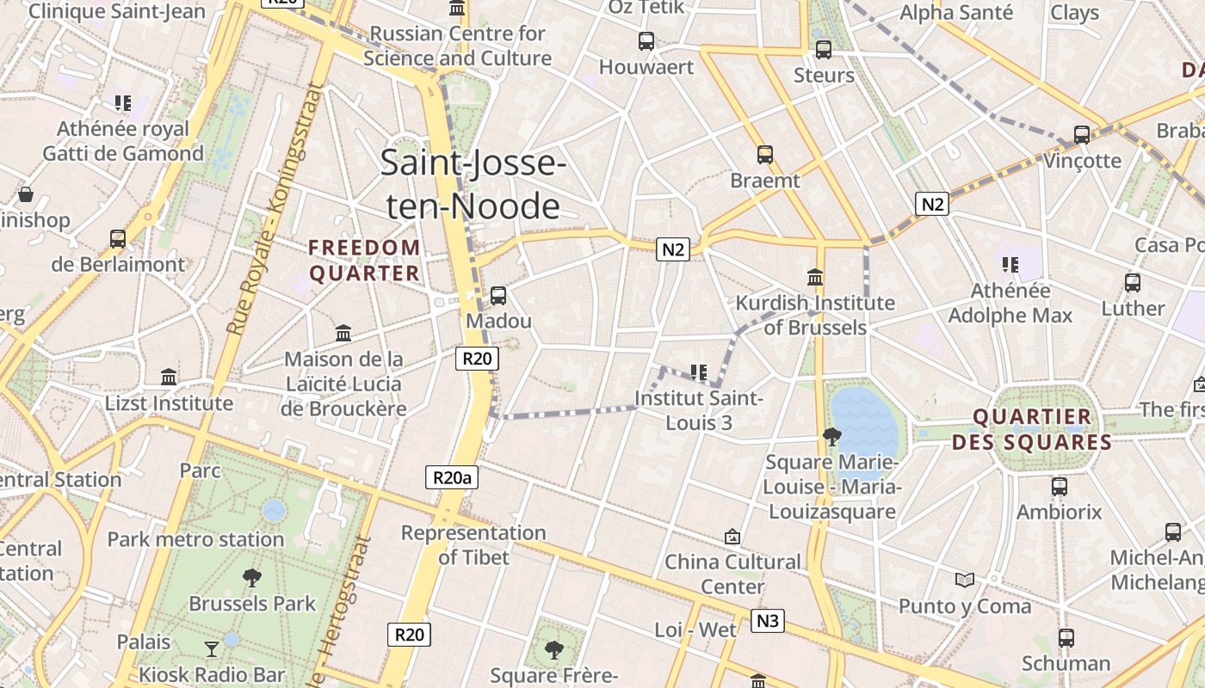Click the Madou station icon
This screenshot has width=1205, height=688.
[x=497, y=296]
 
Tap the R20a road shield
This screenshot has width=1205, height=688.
[x=452, y=477]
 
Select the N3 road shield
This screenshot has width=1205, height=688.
[x=767, y=620]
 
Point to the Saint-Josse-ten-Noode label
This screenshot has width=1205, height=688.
[x=472, y=184]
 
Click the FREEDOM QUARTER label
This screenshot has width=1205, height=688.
[x=365, y=261]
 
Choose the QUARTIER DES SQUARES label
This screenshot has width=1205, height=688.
[x=1042, y=430]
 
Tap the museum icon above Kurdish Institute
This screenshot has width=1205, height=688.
[x=815, y=277]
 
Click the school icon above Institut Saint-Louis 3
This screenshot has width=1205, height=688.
[x=699, y=372]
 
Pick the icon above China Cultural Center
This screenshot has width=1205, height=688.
[x=732, y=537]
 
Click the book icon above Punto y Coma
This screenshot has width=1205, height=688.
[x=965, y=580]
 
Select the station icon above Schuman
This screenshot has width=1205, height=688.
[x=1066, y=638]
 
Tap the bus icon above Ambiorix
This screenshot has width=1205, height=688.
[x=1059, y=487]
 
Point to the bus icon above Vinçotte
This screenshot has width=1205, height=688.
[x=1082, y=135]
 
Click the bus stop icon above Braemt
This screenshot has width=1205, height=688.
[x=764, y=155]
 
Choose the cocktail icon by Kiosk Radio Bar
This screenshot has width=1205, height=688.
[x=212, y=648]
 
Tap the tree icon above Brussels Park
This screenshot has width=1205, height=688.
[x=252, y=577]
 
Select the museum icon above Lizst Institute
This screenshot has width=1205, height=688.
[x=169, y=377]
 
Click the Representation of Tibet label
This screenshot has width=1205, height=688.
[x=473, y=544]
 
